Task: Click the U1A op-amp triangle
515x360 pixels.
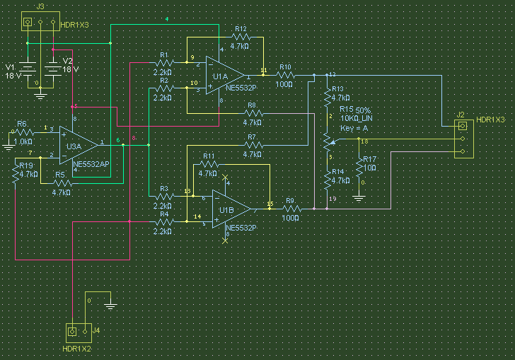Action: (224, 74)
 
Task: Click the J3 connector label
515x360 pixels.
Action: (40, 6)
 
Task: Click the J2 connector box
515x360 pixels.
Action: (462, 139)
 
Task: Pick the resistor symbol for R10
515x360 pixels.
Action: (285, 74)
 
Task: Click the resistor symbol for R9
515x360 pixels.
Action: (289, 209)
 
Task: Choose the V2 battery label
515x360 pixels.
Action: (68, 62)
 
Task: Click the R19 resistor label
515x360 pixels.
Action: (25, 166)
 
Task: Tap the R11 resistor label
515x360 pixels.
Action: (209, 156)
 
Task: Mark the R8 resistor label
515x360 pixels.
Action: (252, 105)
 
